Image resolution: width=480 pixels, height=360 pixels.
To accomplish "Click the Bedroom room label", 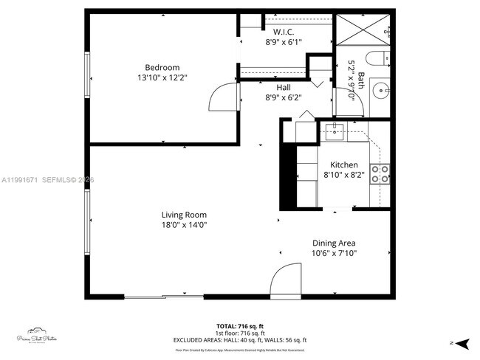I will (162, 67).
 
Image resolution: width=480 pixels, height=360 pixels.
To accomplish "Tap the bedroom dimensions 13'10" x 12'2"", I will (162, 77).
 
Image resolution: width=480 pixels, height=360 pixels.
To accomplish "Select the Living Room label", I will (184, 215).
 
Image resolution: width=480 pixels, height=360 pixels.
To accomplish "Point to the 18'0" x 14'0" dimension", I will (184, 225).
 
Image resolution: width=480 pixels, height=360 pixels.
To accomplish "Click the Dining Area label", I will (334, 243).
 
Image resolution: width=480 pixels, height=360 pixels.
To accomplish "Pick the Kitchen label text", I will (344, 165).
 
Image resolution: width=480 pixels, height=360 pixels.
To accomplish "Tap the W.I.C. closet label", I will (284, 32).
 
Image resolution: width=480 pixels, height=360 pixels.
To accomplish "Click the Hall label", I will (284, 87).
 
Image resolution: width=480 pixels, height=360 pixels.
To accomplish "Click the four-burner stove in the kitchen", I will (380, 174).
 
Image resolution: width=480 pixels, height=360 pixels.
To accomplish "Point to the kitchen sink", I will (334, 132).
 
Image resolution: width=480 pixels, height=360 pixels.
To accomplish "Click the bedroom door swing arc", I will (224, 96).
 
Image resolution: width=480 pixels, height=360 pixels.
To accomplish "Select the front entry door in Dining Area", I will (287, 281).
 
